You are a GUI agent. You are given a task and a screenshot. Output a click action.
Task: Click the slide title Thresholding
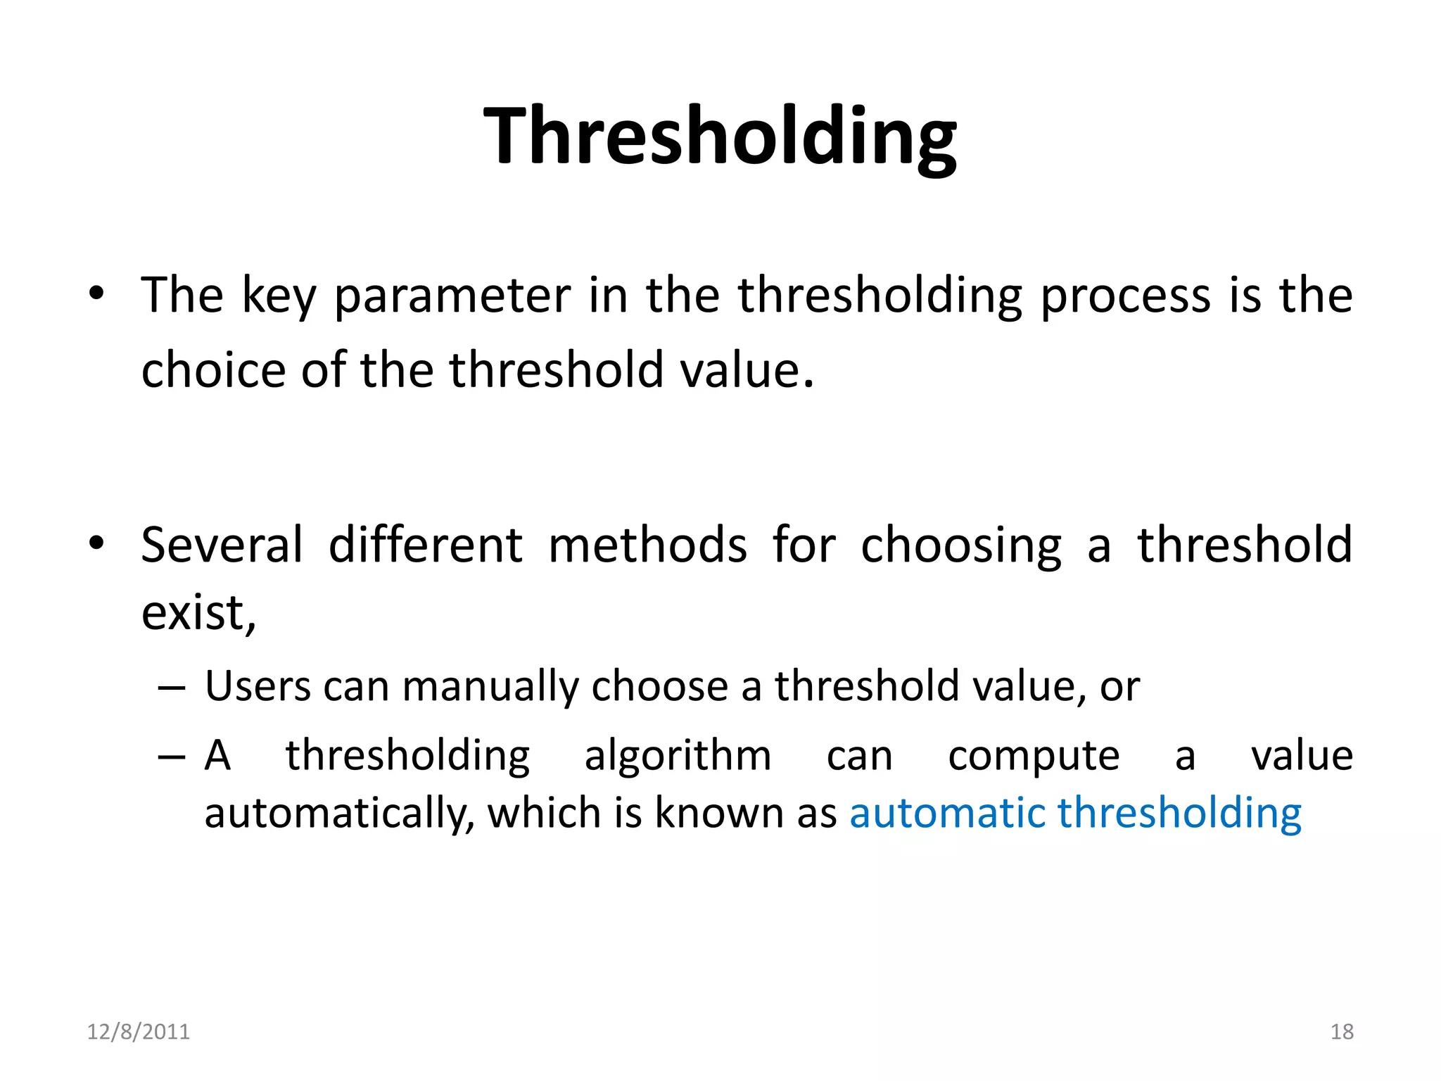[720, 135]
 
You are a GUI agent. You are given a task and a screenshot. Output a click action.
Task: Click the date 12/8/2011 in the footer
[138, 1032]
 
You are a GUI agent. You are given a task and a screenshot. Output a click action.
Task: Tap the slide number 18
[1341, 1032]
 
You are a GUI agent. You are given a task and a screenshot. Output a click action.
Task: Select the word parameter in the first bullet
[452, 296]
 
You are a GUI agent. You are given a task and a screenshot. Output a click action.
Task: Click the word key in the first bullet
[279, 296]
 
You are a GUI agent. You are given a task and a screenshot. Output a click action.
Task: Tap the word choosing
[960, 546]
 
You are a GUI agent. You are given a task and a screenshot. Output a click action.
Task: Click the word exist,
[198, 612]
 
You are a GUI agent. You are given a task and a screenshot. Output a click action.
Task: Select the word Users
[258, 685]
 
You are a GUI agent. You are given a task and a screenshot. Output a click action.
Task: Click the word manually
[490, 687]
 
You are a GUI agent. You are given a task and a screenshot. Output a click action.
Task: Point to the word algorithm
[678, 756]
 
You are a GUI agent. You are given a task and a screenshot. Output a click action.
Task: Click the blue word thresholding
[1179, 814]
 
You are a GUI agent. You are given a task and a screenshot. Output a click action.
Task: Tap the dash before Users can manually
[172, 687]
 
